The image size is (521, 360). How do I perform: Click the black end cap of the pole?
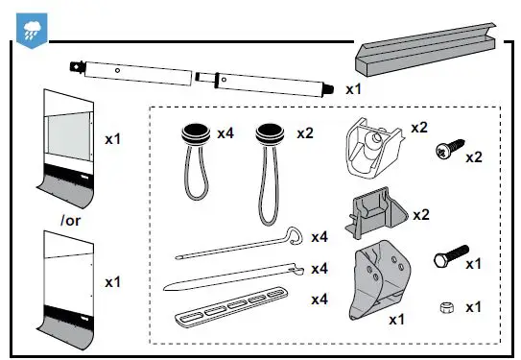pos(328,89)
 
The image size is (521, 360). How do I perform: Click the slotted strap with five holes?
pos(236,310)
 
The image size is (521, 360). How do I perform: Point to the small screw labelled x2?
pos(444,149)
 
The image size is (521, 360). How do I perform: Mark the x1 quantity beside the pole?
pos(353,88)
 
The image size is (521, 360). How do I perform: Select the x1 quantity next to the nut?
pos(473,307)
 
